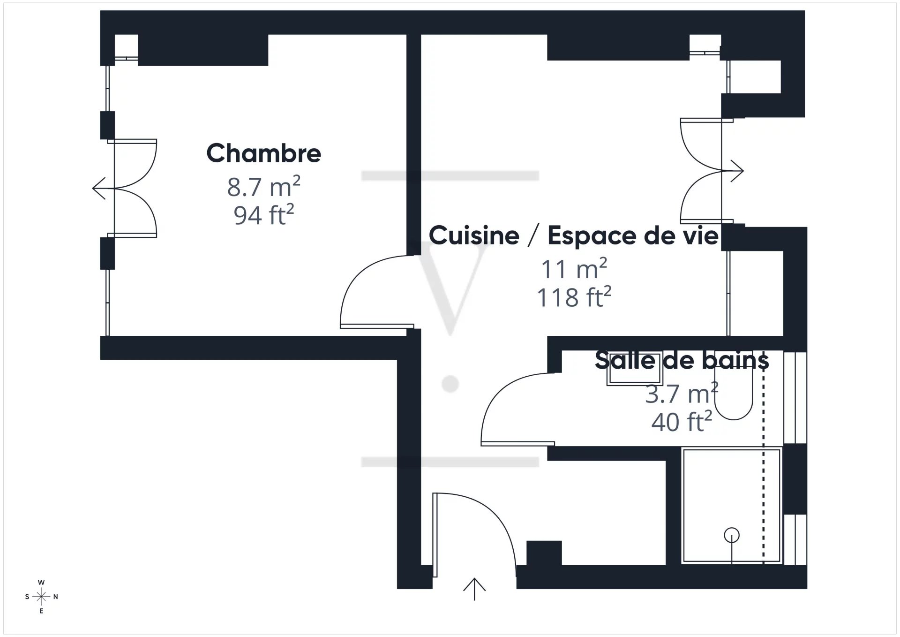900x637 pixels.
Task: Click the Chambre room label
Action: click(x=263, y=153)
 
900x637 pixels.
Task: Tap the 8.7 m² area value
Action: click(x=263, y=186)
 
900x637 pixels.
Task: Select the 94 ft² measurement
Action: click(x=263, y=215)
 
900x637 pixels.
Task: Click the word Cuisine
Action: click(x=474, y=235)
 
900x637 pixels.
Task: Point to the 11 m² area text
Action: click(x=574, y=268)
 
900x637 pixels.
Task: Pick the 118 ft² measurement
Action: click(x=574, y=297)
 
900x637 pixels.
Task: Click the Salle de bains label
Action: click(x=682, y=360)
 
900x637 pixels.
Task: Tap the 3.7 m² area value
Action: click(x=682, y=393)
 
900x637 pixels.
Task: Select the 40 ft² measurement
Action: click(x=682, y=421)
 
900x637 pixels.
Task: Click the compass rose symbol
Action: click(x=42, y=597)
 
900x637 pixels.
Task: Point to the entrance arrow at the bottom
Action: click(x=474, y=589)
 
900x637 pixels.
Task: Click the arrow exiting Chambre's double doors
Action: click(x=104, y=188)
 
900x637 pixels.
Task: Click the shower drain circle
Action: click(x=732, y=535)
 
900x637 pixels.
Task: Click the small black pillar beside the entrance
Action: click(x=544, y=553)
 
